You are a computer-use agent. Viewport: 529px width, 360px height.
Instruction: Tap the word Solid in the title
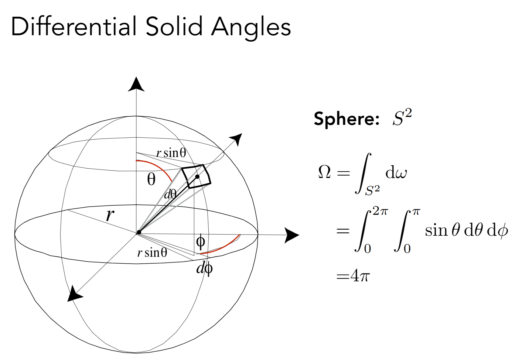click(x=174, y=27)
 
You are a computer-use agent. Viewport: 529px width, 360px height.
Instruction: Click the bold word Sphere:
click(x=346, y=118)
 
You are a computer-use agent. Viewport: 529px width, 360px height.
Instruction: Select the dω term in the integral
click(x=396, y=173)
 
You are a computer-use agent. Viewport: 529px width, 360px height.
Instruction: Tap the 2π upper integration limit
click(x=380, y=211)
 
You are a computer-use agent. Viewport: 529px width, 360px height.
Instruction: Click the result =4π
click(x=353, y=276)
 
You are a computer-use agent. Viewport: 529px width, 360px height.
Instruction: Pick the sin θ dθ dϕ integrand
click(x=466, y=230)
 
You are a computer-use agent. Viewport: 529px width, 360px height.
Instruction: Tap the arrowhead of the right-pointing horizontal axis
click(x=291, y=235)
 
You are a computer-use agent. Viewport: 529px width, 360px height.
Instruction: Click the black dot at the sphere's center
click(x=139, y=232)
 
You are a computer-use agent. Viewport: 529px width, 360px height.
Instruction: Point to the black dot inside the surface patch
click(x=197, y=177)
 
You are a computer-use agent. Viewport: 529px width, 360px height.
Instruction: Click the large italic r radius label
click(x=110, y=214)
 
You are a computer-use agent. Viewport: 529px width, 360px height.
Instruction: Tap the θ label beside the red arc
click(x=151, y=179)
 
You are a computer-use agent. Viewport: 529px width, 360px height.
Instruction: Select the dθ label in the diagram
click(x=170, y=194)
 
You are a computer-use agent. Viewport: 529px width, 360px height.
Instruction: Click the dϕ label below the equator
click(x=204, y=268)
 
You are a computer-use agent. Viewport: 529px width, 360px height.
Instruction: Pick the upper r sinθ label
click(x=171, y=153)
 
